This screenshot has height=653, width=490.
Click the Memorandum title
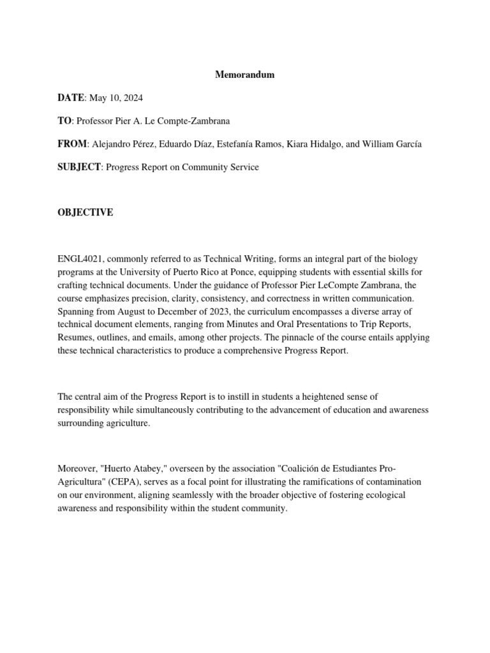[244, 75]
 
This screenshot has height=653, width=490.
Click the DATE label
[71, 98]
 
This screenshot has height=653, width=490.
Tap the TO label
[64, 121]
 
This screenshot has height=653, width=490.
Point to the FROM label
[73, 144]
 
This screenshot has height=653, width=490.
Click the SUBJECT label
[79, 167]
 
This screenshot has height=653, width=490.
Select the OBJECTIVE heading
[85, 213]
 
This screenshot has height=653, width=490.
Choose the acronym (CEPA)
[116, 481]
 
